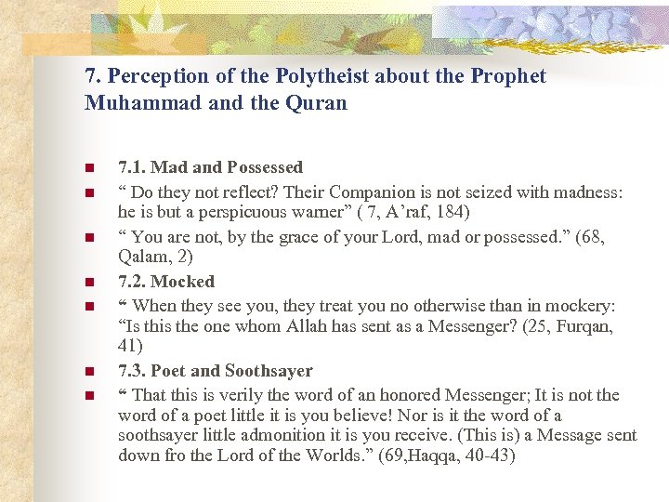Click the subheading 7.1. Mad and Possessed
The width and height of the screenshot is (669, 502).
point(210,167)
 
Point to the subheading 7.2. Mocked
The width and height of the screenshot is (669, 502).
point(166,281)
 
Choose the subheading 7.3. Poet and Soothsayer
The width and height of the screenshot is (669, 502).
point(216,370)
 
